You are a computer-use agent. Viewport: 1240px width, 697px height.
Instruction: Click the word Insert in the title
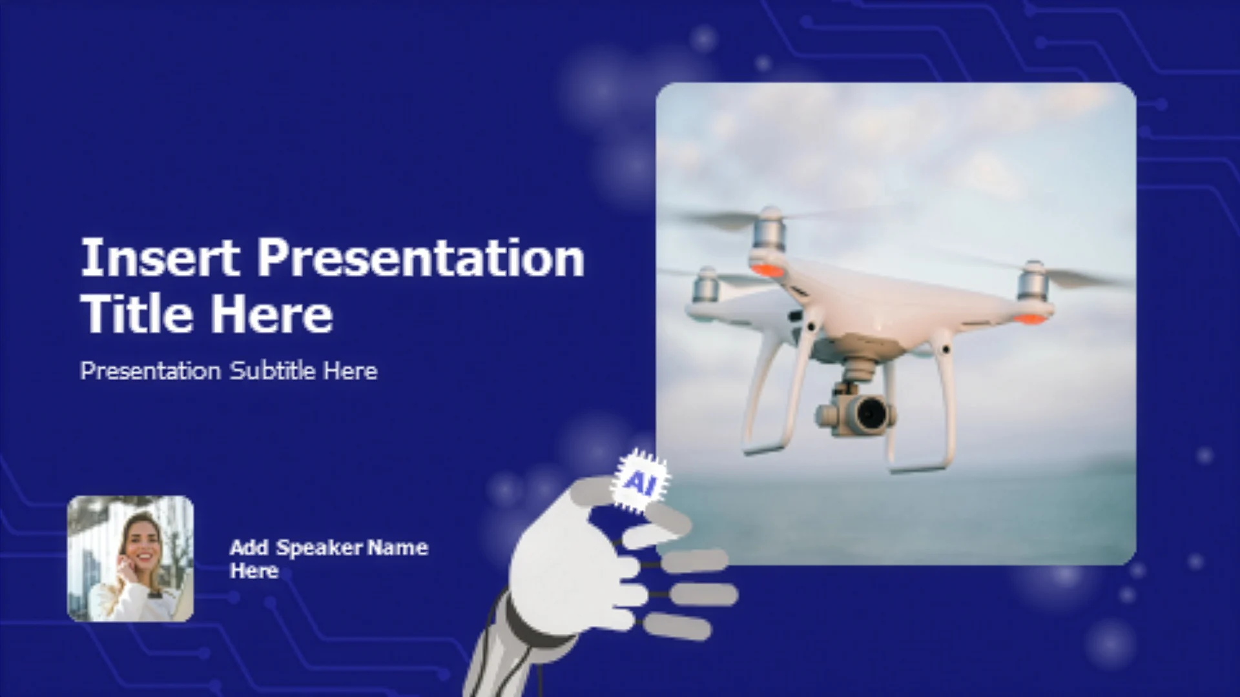click(160, 258)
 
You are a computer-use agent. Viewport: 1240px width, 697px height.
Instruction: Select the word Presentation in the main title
click(421, 258)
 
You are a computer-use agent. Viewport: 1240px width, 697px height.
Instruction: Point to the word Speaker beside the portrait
click(320, 549)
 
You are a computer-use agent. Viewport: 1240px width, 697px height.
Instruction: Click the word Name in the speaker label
click(398, 548)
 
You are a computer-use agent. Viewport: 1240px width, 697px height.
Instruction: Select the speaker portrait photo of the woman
click(130, 559)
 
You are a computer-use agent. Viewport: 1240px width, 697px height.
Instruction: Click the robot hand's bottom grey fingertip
click(676, 626)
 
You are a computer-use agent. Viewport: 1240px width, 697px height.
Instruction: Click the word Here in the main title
click(272, 314)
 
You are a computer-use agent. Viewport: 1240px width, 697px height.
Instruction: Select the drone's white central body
click(891, 303)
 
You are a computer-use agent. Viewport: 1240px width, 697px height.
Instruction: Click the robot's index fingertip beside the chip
click(669, 518)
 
